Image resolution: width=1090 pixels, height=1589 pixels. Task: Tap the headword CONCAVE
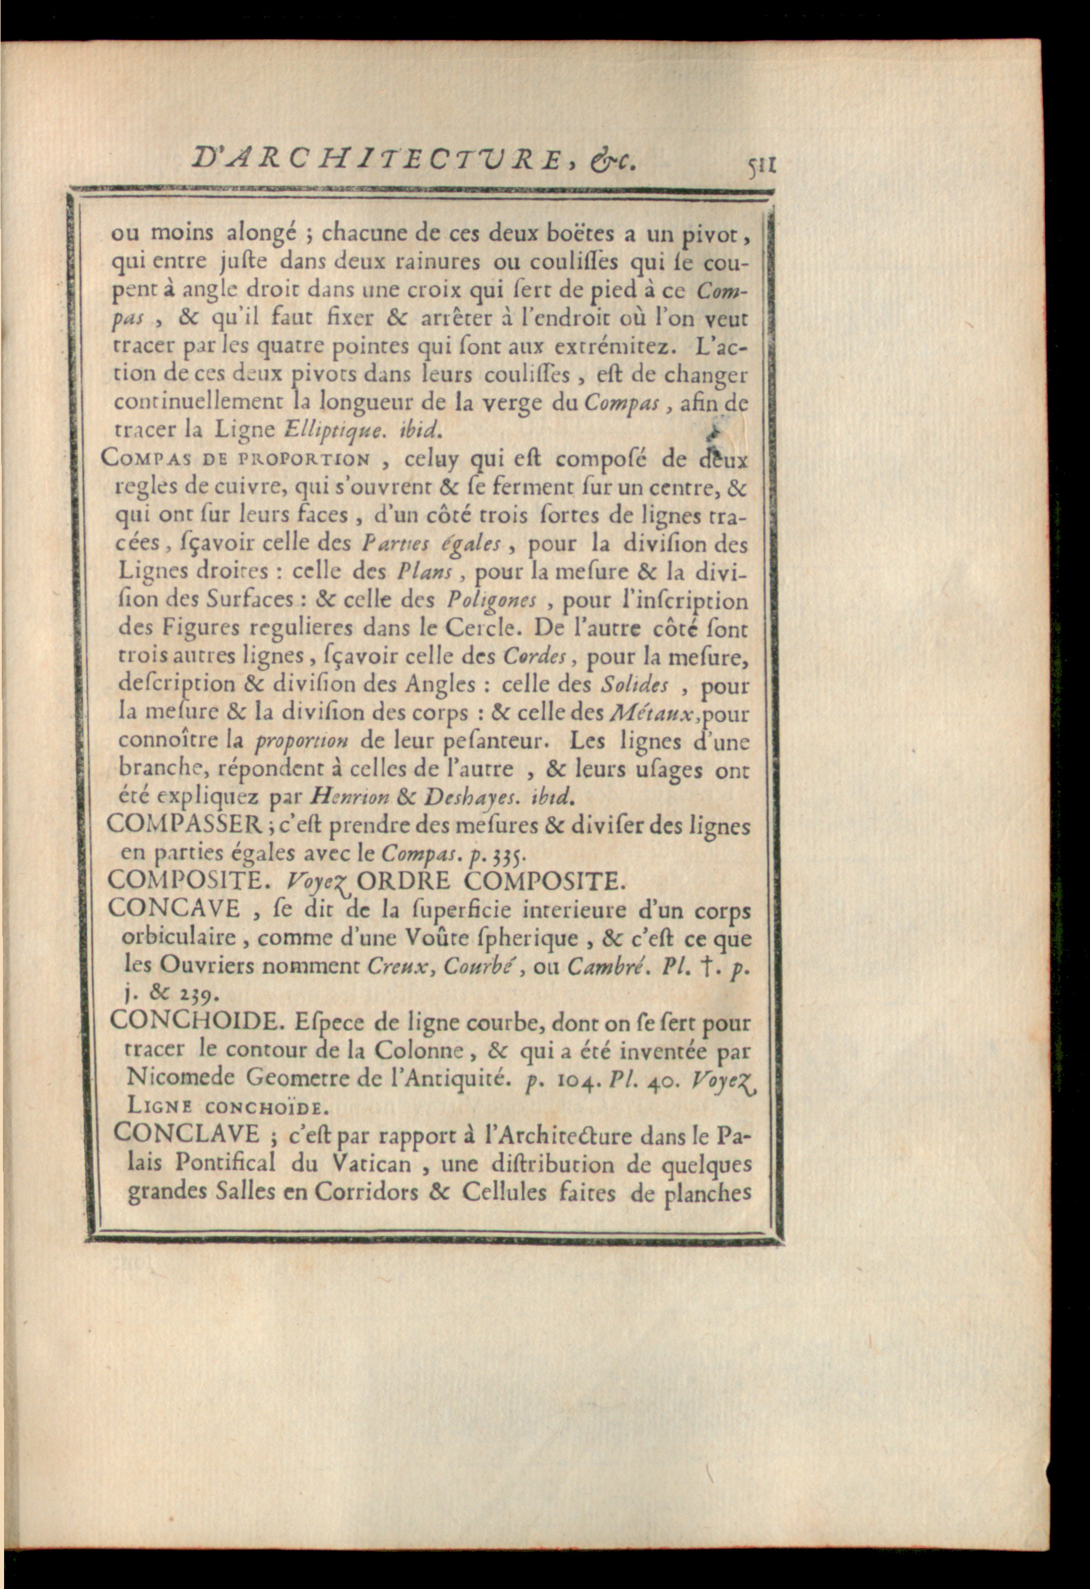pos(174,908)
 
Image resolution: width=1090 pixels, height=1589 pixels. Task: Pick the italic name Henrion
pos(349,797)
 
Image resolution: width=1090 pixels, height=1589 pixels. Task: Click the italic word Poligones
pos(491,600)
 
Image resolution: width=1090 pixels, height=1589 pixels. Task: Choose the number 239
pos(182,993)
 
